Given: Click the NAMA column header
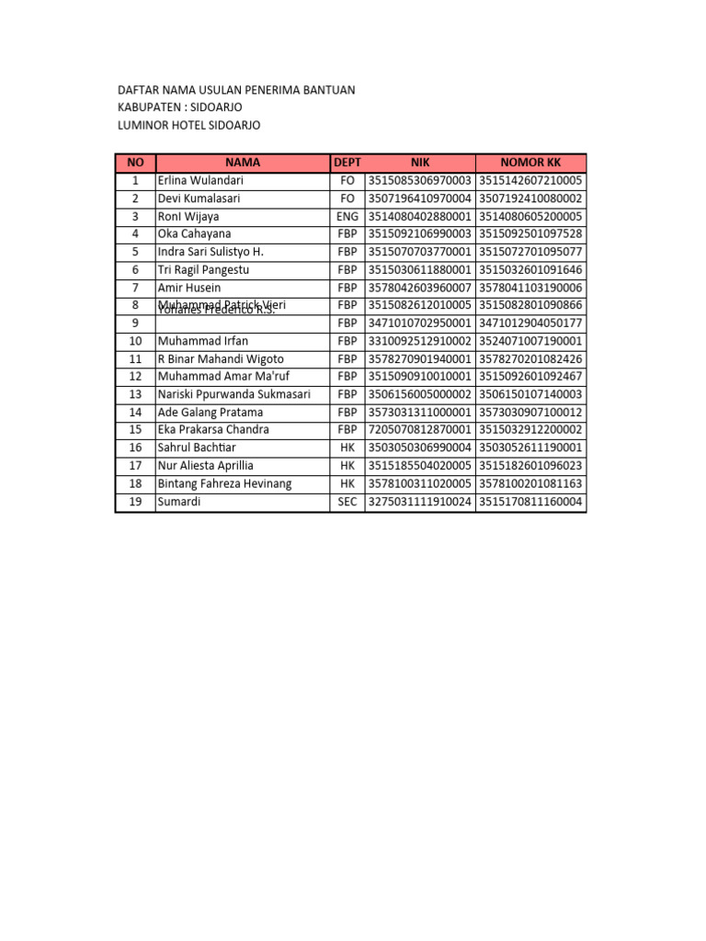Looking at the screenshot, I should (243, 163).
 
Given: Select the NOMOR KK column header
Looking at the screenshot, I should (530, 163).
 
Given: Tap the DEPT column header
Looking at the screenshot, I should (347, 163).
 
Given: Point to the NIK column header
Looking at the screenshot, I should (420, 163).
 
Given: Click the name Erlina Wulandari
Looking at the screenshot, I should (199, 181).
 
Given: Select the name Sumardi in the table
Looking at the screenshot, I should (179, 502).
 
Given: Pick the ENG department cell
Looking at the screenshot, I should (347, 217).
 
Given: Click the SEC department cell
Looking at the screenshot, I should (347, 502).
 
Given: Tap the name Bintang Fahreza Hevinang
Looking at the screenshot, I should (224, 483).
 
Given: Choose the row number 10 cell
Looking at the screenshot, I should (135, 341).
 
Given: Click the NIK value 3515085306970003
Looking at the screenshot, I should (420, 181).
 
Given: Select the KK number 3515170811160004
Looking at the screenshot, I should (530, 502).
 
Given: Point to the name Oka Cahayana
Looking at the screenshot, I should (194, 234).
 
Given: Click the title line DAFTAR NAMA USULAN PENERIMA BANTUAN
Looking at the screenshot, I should (236, 90).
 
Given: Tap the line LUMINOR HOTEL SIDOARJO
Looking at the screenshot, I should (189, 125).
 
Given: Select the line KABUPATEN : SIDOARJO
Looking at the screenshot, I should (180, 108).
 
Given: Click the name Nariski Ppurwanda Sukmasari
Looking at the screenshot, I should (233, 394).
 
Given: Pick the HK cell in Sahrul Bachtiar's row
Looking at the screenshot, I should (347, 448).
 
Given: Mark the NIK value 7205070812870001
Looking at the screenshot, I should (420, 430).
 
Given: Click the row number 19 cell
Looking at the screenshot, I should (135, 502).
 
